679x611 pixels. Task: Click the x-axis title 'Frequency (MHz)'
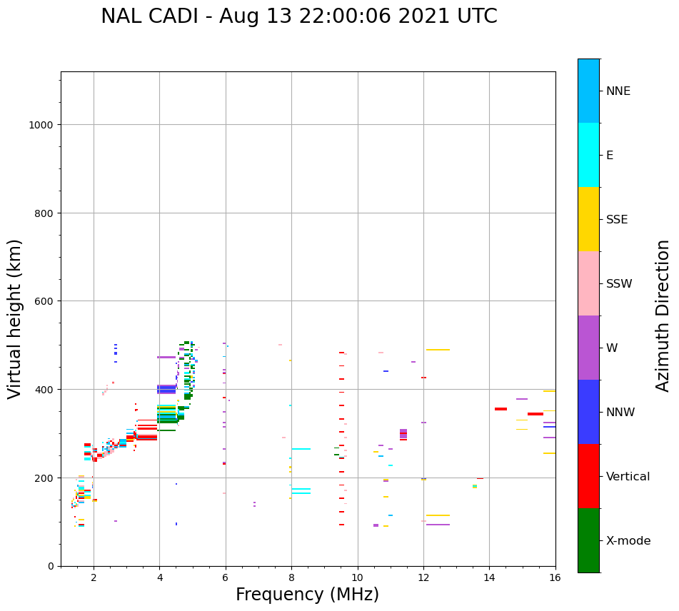(307, 595)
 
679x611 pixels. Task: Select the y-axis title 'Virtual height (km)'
(15, 318)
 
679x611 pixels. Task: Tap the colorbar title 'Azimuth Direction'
(663, 315)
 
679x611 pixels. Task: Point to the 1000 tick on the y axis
(44, 125)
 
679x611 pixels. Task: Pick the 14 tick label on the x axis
(489, 578)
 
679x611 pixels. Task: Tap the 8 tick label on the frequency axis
(291, 578)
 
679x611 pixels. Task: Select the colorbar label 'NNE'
(618, 91)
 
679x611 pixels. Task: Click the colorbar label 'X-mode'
(628, 540)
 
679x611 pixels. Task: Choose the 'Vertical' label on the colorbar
(628, 476)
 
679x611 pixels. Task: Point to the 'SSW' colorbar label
(619, 283)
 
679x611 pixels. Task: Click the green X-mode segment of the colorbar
(588, 540)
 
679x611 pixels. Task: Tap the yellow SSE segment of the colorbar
(588, 219)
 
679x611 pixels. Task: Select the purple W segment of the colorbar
(588, 348)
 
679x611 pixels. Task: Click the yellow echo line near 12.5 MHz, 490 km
(438, 350)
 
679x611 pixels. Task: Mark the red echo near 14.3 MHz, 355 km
(501, 409)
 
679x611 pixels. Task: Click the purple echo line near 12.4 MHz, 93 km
(438, 525)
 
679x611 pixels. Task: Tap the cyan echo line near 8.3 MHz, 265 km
(301, 449)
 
